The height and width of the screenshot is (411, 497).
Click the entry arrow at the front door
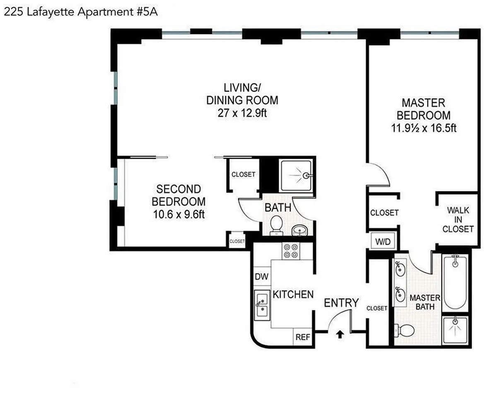click(x=340, y=335)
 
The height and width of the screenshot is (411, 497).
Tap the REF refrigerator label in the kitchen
click(x=303, y=337)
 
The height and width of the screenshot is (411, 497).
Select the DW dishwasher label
click(x=262, y=277)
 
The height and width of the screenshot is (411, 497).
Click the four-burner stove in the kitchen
click(x=291, y=251)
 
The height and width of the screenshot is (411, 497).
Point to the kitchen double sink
click(x=262, y=305)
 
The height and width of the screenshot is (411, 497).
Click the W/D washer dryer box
click(x=383, y=242)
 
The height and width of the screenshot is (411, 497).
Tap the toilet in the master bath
click(x=404, y=331)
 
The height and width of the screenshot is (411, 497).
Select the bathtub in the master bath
click(x=455, y=283)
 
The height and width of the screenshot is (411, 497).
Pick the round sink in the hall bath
click(x=300, y=230)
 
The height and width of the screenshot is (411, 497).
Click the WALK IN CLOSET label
click(x=458, y=220)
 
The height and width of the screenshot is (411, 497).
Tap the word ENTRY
click(x=341, y=303)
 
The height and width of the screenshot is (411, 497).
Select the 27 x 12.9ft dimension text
click(x=242, y=113)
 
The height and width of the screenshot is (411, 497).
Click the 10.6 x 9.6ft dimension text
click(x=179, y=214)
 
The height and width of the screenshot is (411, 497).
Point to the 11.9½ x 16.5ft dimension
click(x=424, y=128)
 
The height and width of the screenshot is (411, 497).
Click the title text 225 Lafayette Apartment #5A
click(x=81, y=12)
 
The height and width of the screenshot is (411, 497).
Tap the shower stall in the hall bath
click(x=297, y=176)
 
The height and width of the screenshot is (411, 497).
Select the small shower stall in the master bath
click(x=455, y=330)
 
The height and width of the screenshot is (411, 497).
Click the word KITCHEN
click(x=293, y=295)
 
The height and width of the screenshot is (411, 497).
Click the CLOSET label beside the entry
click(x=377, y=308)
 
